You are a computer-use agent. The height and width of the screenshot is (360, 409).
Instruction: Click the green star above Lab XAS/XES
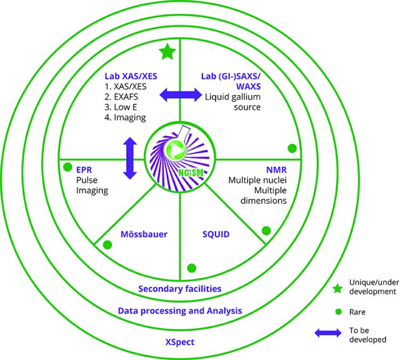pyautogui.click(x=167, y=52)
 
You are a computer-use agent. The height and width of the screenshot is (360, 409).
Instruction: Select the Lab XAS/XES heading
pyautogui.click(x=131, y=76)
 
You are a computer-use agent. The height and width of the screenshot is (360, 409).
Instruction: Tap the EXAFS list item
pyautogui.click(x=121, y=97)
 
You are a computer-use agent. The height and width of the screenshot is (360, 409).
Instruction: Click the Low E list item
pyautogui.click(x=121, y=107)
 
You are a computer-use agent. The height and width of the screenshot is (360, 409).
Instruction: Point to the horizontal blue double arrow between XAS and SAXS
pyautogui.click(x=181, y=95)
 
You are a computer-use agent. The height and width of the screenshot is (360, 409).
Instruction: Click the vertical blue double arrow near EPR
pyautogui.click(x=130, y=158)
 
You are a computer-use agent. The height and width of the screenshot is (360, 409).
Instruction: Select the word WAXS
pyautogui.click(x=248, y=86)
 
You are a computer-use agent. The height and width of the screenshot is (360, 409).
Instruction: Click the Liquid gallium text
pyautogui.click(x=233, y=97)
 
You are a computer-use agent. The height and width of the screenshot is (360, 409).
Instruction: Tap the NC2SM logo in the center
pyautogui.click(x=180, y=157)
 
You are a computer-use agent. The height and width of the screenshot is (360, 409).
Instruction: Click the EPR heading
pyautogui.click(x=84, y=170)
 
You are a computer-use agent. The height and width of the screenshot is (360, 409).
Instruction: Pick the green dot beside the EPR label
pyautogui.click(x=68, y=167)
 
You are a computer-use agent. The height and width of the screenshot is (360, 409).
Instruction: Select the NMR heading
pyautogui.click(x=276, y=170)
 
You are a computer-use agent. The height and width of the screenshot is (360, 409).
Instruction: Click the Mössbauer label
pyautogui.click(x=144, y=234)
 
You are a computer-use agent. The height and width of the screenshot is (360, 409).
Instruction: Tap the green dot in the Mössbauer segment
pyautogui.click(x=108, y=244)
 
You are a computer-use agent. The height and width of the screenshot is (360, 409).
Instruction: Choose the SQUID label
pyautogui.click(x=216, y=234)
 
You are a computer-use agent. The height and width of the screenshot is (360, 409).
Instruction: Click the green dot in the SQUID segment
pyautogui.click(x=192, y=268)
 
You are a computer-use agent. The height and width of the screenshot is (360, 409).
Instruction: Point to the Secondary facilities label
pyautogui.click(x=179, y=289)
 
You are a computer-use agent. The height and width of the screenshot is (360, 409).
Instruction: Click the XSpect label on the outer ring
pyautogui.click(x=179, y=342)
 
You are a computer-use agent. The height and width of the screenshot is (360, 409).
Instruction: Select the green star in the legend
pyautogui.click(x=338, y=289)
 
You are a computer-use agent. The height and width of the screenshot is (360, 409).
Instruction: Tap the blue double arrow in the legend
pyautogui.click(x=328, y=333)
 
